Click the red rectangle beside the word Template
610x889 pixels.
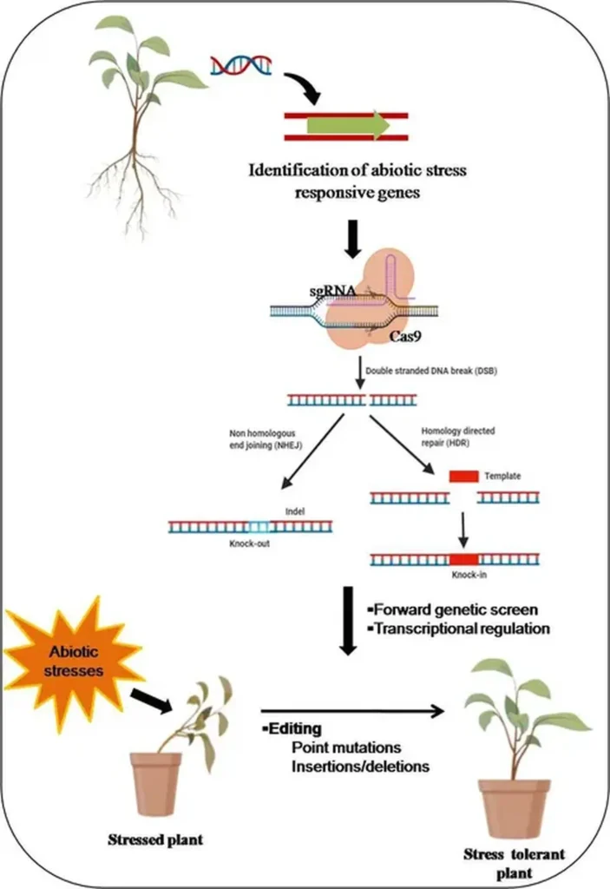pyautogui.click(x=463, y=477)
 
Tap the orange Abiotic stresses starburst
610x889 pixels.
pyautogui.click(x=70, y=664)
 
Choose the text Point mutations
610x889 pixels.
pyautogui.click(x=329, y=747)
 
